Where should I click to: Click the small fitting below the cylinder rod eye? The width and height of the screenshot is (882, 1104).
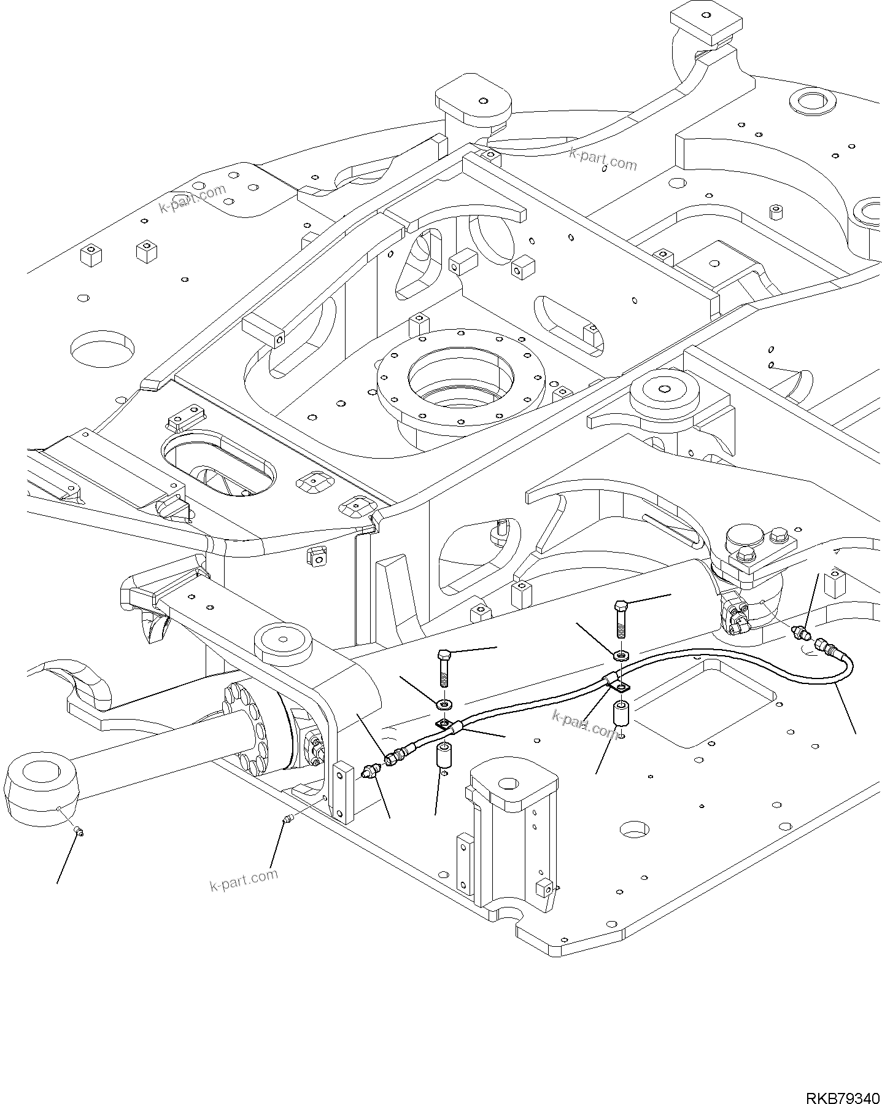click(79, 831)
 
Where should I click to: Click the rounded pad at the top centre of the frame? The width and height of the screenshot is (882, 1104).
click(473, 101)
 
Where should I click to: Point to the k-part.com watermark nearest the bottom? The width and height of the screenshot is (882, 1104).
click(244, 882)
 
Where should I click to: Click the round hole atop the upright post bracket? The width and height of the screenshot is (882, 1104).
click(508, 783)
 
